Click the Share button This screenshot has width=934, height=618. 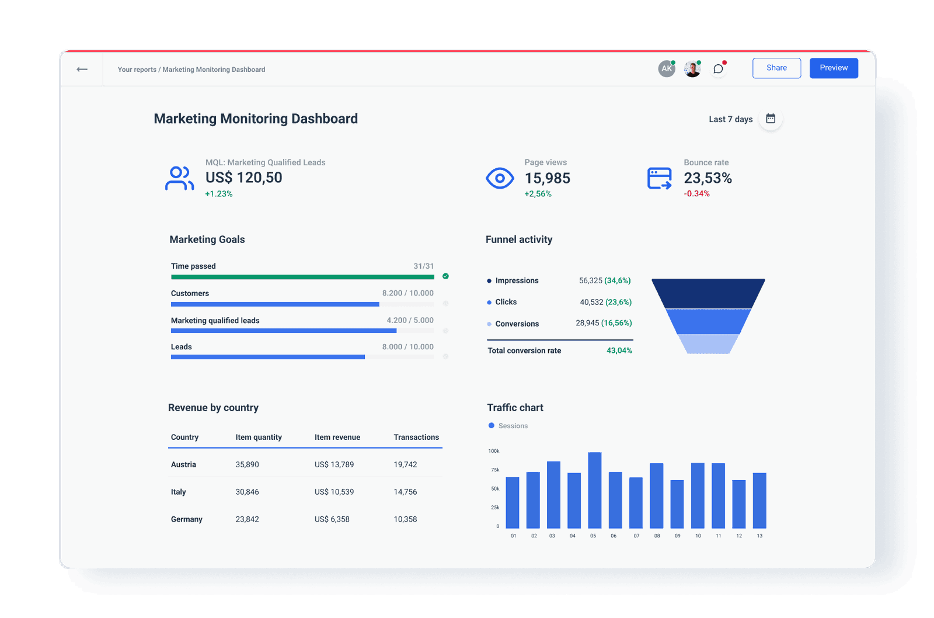click(x=776, y=68)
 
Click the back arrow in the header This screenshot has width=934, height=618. click(x=82, y=69)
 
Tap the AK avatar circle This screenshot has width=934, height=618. click(x=666, y=69)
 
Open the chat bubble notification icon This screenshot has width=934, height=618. click(x=718, y=69)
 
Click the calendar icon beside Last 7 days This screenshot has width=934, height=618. click(x=771, y=119)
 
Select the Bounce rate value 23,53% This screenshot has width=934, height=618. click(x=708, y=178)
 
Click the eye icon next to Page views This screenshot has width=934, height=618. click(x=500, y=178)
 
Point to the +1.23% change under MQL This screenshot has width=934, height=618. click(x=219, y=194)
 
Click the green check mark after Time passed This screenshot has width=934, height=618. click(x=445, y=276)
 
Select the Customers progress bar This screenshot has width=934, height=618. click(x=275, y=304)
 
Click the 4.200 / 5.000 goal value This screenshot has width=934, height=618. click(x=410, y=320)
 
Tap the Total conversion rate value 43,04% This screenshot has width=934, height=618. click(x=619, y=350)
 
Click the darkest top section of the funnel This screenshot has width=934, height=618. click(x=708, y=293)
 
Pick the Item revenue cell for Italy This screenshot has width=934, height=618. click(x=334, y=492)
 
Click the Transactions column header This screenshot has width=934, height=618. click(x=416, y=437)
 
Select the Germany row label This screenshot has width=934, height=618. click(x=187, y=519)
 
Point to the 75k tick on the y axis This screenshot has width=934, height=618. click(x=495, y=470)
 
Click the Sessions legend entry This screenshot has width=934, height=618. click(x=508, y=426)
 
